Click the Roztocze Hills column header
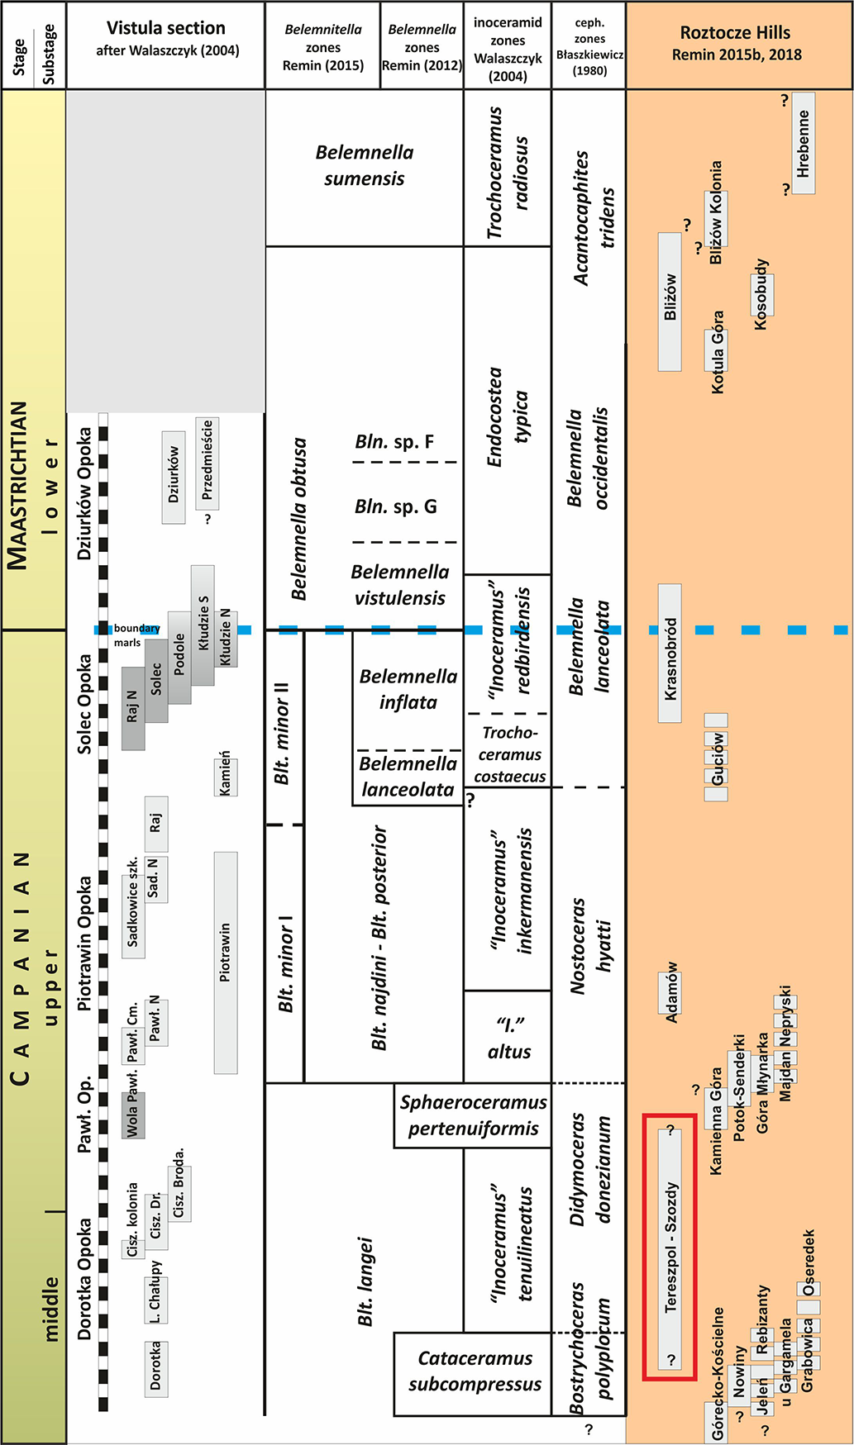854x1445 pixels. (735, 44)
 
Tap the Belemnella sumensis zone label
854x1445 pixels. (364, 165)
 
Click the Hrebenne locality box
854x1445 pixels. (803, 143)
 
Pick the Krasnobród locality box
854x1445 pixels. (670, 653)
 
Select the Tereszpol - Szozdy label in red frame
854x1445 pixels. (670, 1248)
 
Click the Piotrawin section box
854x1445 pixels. (225, 963)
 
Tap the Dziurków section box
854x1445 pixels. (174, 476)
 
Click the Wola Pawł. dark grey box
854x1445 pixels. (133, 1115)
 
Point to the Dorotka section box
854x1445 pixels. (155, 1368)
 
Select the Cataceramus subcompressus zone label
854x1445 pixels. (475, 1371)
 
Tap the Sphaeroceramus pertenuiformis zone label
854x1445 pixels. (474, 1115)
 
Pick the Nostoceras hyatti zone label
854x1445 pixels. (589, 946)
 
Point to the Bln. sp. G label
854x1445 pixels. (395, 506)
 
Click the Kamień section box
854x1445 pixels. (225, 773)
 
